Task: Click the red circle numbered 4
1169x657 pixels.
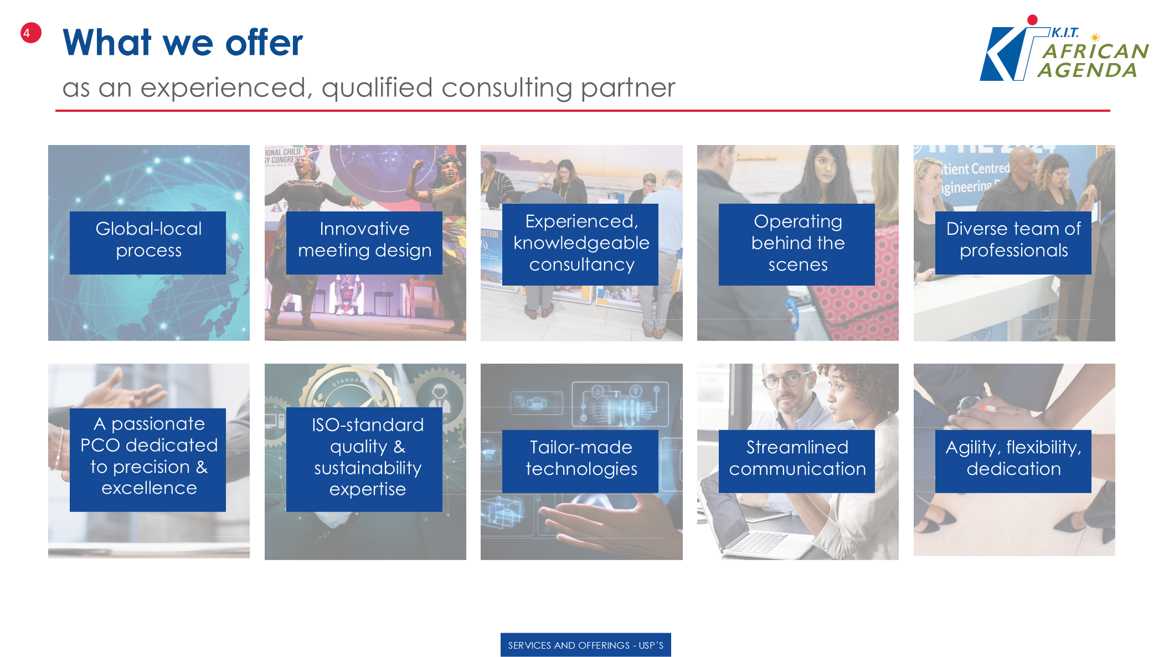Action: (x=31, y=33)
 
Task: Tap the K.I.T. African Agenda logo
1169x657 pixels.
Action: (x=1064, y=48)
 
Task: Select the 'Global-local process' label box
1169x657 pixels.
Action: (x=148, y=242)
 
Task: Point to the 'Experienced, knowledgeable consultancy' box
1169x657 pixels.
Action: (x=580, y=244)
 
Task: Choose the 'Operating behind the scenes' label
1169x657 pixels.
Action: (x=797, y=244)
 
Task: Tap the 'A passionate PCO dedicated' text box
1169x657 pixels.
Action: (x=148, y=459)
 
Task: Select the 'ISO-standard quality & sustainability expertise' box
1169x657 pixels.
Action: (x=364, y=459)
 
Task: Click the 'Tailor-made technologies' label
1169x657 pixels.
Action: (x=580, y=461)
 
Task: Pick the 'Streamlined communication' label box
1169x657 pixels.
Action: (x=797, y=461)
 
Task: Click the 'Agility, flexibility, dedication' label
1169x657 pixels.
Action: (x=1013, y=461)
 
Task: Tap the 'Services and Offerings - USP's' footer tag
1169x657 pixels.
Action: (x=586, y=645)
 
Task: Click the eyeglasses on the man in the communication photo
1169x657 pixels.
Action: (x=782, y=381)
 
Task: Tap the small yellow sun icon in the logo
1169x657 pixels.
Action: (x=1095, y=38)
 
